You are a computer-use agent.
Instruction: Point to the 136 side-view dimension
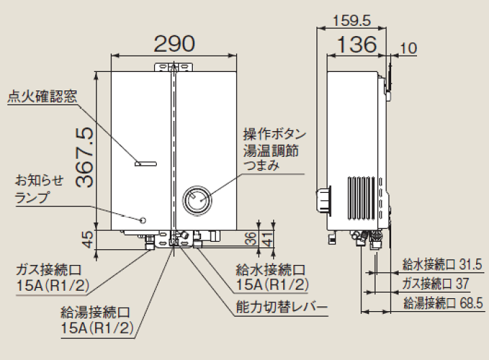357,44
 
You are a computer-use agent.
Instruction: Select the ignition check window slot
145,163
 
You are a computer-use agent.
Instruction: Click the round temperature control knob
196,198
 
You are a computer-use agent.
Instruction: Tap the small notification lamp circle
143,220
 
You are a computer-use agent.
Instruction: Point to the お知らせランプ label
39,190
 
